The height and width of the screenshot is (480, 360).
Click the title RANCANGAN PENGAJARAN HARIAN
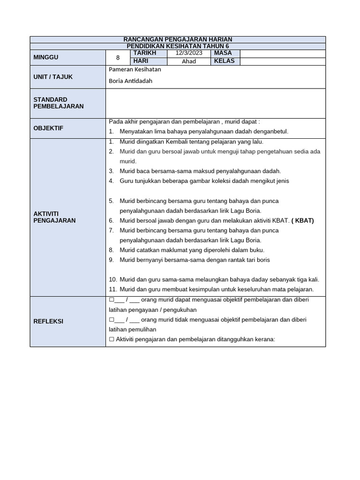[178, 39]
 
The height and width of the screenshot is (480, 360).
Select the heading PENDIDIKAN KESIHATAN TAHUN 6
[178, 46]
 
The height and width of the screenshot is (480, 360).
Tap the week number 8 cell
[118, 58]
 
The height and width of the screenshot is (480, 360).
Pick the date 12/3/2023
[189, 53]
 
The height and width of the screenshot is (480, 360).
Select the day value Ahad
[189, 61]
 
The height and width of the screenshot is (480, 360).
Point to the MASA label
[223, 53]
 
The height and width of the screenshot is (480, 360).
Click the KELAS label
[224, 61]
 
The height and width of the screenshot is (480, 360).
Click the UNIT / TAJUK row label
[53, 77]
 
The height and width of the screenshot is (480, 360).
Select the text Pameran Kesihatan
[135, 69]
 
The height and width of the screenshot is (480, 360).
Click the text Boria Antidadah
[130, 81]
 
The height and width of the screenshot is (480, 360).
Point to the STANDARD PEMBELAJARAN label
[59, 103]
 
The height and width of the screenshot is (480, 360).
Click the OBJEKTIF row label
[48, 128]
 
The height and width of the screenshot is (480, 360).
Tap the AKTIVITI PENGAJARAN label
[54, 217]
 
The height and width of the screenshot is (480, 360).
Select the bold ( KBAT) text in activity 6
[302, 220]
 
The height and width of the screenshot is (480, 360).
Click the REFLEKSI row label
[48, 322]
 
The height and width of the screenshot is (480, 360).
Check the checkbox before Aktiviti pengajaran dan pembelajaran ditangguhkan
[111, 339]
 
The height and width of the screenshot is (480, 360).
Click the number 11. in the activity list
[112, 289]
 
